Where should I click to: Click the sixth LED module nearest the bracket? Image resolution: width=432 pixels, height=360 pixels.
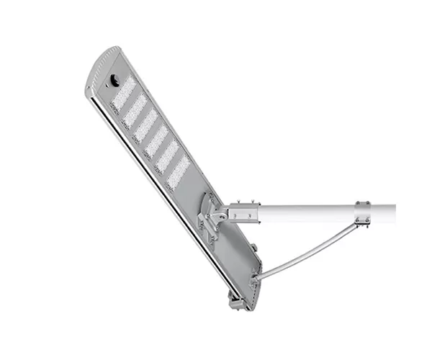(x=179, y=172)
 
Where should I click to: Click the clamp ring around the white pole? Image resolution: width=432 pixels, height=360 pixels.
(x=362, y=213)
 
